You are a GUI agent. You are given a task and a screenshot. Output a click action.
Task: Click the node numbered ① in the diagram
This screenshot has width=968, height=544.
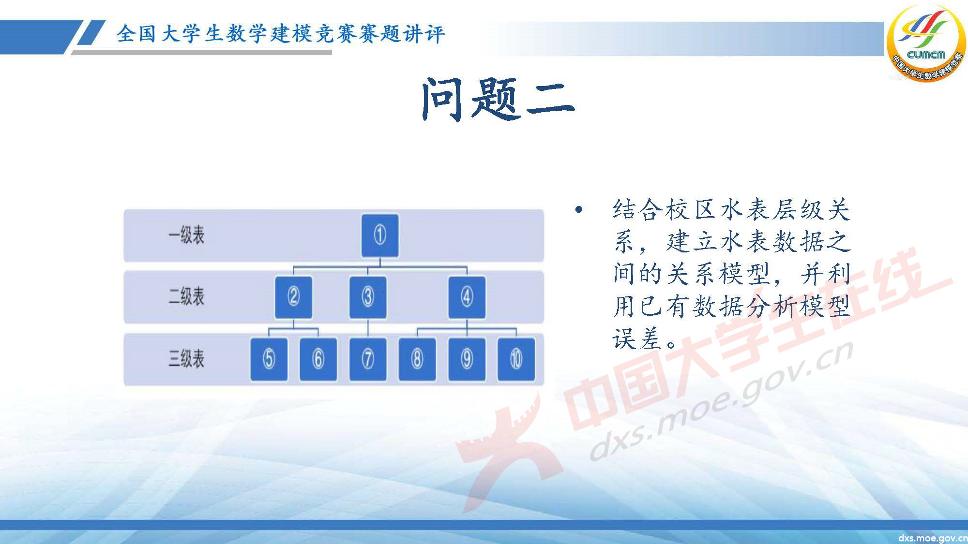coord(380,235)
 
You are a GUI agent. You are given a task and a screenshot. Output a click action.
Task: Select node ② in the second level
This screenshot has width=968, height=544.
coord(293,297)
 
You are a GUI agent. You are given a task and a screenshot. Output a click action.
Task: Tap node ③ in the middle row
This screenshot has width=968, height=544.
coord(368,297)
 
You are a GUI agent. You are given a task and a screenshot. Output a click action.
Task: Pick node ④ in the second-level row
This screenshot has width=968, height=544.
coord(467,297)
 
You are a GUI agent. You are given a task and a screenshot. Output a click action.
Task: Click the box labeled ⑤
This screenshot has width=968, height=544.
coord(269,359)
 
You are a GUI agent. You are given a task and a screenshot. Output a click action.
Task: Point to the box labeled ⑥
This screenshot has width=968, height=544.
coord(318,359)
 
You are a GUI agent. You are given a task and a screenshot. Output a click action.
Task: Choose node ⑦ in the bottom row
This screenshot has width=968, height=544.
coord(368,359)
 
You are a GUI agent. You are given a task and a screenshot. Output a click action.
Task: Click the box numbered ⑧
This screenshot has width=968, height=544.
coord(417,359)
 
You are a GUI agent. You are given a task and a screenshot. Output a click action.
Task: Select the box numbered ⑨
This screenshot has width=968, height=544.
coord(467,359)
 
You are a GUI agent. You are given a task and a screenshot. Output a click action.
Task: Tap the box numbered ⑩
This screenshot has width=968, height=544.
coord(516,359)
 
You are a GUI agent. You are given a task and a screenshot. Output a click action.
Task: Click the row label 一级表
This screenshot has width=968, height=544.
coord(186,235)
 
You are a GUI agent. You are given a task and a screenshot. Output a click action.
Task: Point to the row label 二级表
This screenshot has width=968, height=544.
coord(186,297)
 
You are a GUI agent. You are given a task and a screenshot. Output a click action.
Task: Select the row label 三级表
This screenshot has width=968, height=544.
coord(186,359)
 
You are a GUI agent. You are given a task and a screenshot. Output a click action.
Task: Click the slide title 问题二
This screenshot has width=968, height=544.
coord(498,100)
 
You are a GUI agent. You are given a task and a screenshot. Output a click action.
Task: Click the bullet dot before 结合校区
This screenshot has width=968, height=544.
coord(578,210)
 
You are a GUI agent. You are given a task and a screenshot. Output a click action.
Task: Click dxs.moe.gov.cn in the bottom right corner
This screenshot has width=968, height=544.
coord(932,538)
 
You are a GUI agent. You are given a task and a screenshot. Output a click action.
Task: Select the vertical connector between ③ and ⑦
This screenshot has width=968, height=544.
coord(368,328)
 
